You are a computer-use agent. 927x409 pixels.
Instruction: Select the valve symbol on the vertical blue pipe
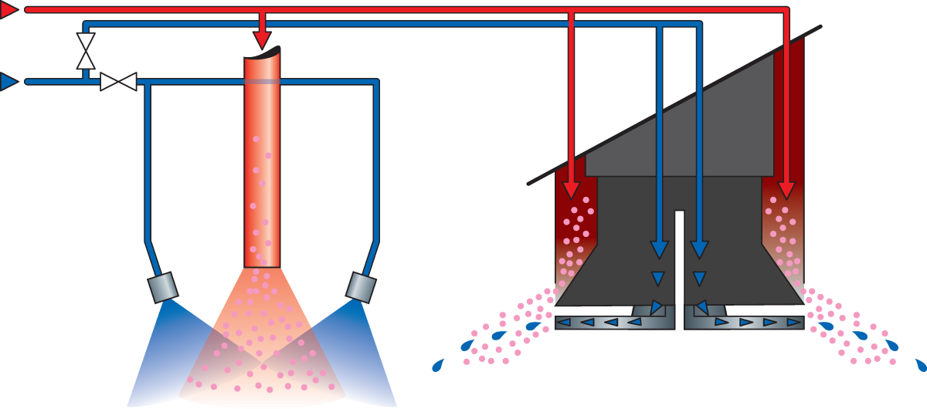tap(86, 51)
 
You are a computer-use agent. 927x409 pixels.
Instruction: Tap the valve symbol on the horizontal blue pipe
tap(118, 81)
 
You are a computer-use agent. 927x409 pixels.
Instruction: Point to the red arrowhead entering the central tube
tap(263, 39)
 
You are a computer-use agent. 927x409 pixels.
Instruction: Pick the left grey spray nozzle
tap(163, 287)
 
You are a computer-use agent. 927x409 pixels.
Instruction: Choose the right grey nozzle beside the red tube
tap(360, 287)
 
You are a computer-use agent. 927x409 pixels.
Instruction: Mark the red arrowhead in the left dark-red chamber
tap(571, 191)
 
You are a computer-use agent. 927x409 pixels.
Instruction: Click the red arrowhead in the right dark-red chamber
tap(786, 191)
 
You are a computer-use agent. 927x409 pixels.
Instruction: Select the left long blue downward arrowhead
tap(658, 249)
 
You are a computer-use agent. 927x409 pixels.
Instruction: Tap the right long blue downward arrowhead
tap(699, 249)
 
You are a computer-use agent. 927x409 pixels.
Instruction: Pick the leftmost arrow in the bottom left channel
tap(563, 323)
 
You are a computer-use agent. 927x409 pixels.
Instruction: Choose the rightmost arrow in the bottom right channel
tap(794, 323)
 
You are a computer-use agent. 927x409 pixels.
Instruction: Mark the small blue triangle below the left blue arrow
tap(657, 278)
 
